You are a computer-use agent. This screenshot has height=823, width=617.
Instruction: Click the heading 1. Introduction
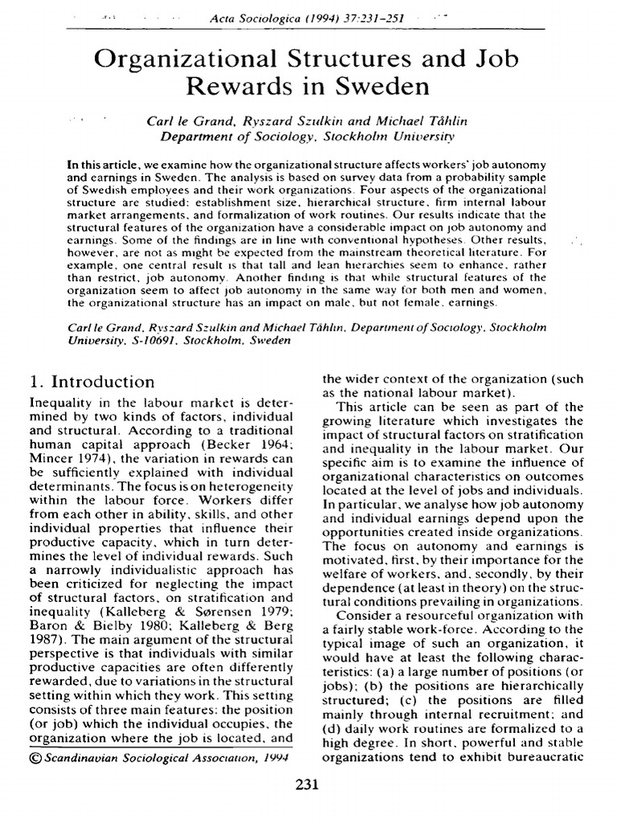92,381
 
